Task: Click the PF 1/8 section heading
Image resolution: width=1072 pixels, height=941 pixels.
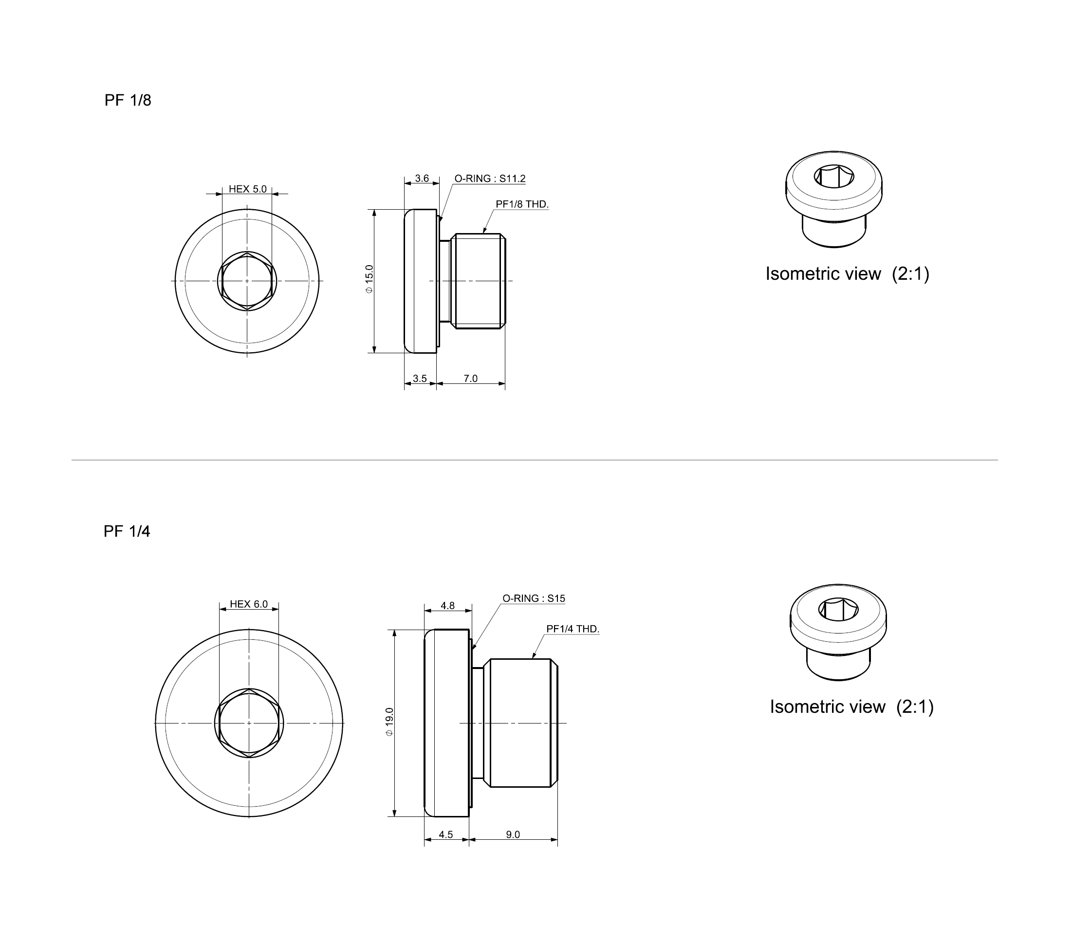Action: point(128,100)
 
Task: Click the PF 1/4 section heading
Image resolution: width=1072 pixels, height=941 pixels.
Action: point(127,532)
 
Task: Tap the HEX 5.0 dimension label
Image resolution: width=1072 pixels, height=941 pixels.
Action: point(247,189)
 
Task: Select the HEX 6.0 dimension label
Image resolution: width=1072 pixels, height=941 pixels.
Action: point(249,604)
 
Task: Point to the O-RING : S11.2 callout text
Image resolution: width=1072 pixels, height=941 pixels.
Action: point(490,179)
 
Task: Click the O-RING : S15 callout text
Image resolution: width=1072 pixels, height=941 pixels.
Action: point(534,598)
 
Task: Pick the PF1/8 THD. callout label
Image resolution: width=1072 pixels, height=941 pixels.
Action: point(522,204)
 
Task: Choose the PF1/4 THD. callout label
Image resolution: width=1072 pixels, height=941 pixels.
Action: point(573,629)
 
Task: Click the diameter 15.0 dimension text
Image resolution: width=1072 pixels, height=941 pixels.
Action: point(369,279)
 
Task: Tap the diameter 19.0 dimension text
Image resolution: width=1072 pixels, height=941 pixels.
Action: point(389,722)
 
